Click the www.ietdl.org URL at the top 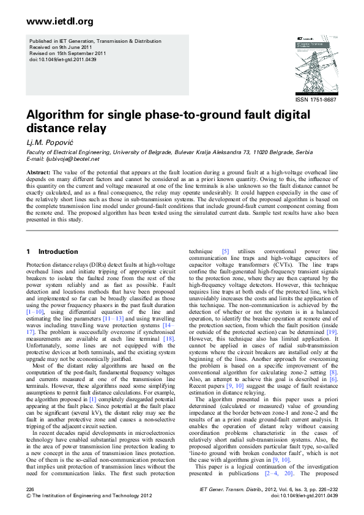click(x=51, y=22)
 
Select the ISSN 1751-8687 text click(x=316, y=99)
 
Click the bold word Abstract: click(x=38, y=174)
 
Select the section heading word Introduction click(x=58, y=251)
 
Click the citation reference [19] click(x=331, y=330)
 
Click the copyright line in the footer click(x=85, y=496)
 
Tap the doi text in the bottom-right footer click(x=304, y=496)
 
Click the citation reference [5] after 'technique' click(x=226, y=251)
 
